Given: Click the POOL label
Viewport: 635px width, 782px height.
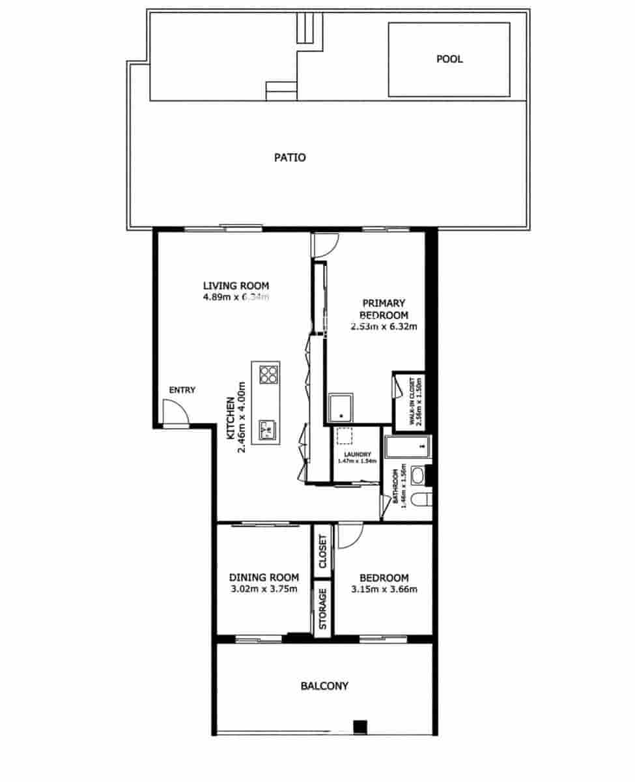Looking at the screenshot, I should (449, 59).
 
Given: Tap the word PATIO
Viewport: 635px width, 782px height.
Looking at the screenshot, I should (290, 158).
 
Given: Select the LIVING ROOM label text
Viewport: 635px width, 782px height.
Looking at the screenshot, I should (236, 285).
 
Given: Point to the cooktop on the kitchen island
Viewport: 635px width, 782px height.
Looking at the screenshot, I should (268, 375).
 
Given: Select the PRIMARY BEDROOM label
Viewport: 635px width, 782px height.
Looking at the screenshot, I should (384, 308).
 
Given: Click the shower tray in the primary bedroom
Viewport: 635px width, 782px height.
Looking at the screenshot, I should (341, 408).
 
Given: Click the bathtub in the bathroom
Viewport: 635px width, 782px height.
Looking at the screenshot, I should (407, 447).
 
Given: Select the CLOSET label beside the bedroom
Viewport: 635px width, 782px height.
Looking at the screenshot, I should (322, 551).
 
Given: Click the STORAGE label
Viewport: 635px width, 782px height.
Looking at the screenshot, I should (322, 609).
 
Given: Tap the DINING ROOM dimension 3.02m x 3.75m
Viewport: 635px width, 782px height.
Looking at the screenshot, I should (264, 590).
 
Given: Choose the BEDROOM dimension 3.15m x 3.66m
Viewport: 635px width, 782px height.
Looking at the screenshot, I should (384, 590).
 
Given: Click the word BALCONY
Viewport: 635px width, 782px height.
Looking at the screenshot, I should (324, 686).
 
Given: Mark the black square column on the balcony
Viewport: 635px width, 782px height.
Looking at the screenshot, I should (360, 727).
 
